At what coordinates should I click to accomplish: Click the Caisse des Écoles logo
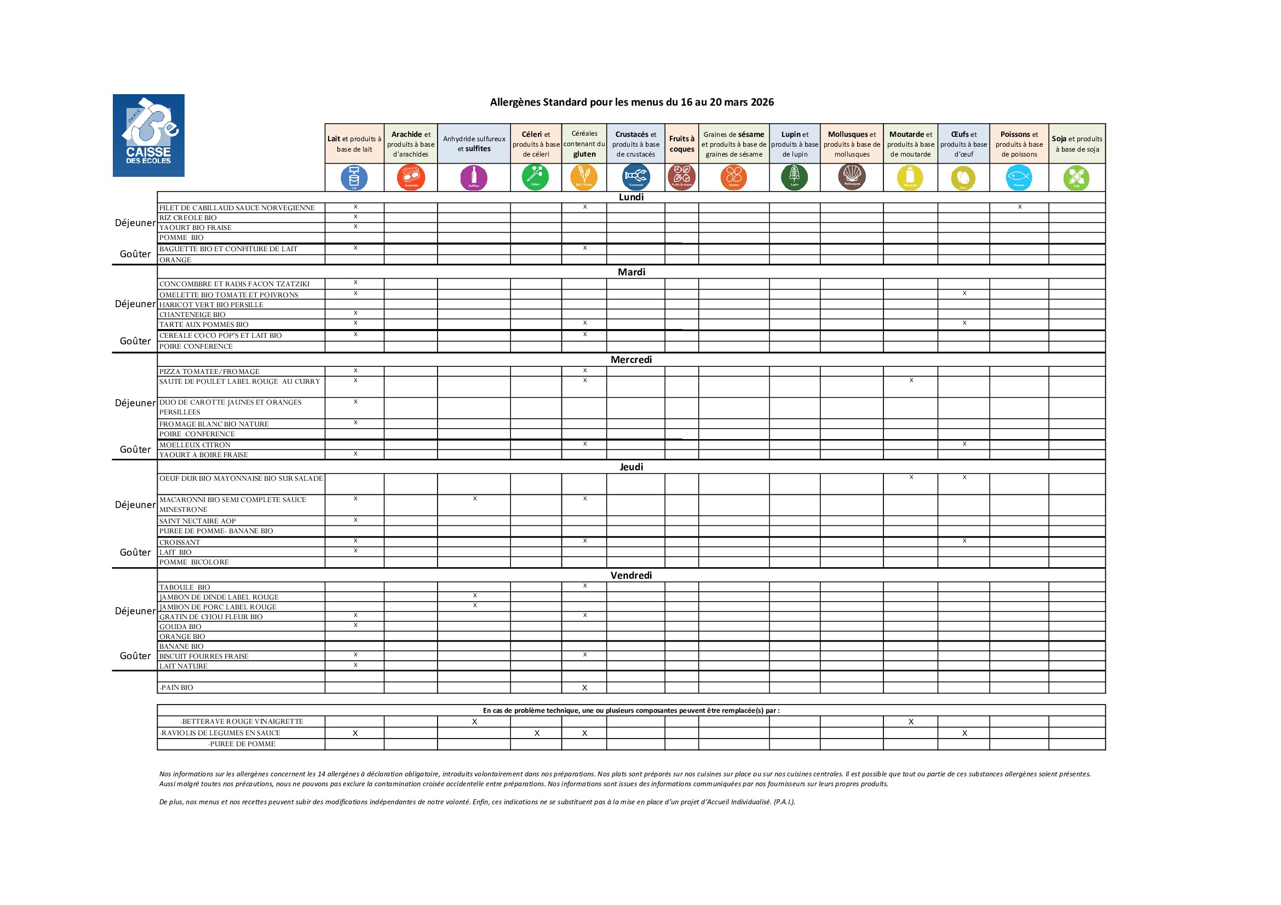148,135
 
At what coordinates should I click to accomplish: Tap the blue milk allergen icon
354,178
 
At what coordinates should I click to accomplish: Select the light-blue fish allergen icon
1019,178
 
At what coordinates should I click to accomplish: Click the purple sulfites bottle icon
474,178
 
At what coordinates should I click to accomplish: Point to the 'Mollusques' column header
852,144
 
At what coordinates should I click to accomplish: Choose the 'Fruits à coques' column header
682,144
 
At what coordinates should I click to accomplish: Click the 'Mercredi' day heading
631,360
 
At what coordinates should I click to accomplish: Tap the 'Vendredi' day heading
631,575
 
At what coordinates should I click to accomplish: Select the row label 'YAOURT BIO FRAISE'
196,228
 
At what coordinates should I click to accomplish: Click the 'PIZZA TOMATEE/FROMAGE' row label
209,371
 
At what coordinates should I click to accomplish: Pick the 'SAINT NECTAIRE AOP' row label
198,521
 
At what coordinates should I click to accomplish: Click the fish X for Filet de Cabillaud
1020,207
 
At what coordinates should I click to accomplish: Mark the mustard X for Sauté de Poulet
911,381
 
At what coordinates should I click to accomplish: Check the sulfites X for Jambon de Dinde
475,596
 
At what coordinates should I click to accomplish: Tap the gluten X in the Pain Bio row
585,688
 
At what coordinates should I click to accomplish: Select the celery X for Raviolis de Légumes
537,733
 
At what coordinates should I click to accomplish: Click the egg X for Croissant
964,541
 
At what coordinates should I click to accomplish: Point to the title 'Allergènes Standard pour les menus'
631,102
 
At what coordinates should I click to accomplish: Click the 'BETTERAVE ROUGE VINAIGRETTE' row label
242,722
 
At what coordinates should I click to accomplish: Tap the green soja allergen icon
1077,178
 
